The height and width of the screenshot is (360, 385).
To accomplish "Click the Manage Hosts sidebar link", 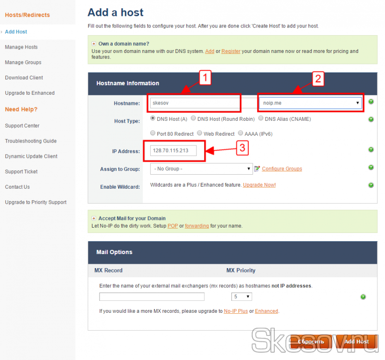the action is click(21, 47).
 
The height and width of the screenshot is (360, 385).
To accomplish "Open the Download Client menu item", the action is click(24, 77).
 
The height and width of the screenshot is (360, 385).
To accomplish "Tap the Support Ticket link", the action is click(21, 171).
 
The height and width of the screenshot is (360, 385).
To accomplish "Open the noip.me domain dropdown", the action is click(310, 103).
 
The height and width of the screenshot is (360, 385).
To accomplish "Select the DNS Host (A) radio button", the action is click(153, 118).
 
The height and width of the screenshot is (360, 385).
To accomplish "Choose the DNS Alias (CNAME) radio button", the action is click(261, 118).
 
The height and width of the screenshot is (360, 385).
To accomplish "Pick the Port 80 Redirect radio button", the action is click(153, 133).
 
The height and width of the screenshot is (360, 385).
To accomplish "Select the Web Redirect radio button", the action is click(200, 133).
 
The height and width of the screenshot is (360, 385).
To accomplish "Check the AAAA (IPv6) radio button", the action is click(241, 133).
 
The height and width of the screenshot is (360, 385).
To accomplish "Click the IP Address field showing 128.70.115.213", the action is click(173, 151).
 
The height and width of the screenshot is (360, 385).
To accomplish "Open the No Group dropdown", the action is click(201, 169).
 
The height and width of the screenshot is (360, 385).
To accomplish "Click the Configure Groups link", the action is click(282, 169).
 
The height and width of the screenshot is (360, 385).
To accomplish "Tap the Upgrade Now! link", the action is click(259, 185).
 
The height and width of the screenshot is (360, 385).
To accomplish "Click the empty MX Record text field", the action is click(152, 296).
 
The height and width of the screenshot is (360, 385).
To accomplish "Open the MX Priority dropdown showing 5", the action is click(242, 296).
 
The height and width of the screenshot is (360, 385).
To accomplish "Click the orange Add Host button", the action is click(357, 342).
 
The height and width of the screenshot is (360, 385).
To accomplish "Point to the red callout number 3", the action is click(243, 148).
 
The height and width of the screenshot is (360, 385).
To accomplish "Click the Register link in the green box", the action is click(231, 51).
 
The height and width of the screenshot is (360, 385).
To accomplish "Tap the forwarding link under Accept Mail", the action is click(197, 226).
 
